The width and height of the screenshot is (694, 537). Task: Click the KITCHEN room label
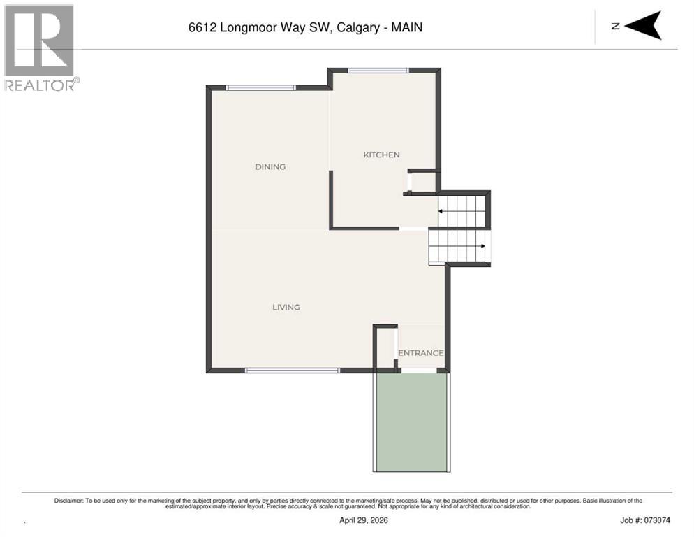click(381, 155)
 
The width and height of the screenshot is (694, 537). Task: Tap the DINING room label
click(270, 166)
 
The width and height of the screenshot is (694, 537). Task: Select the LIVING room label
click(286, 307)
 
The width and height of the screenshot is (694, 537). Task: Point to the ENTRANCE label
click(420, 353)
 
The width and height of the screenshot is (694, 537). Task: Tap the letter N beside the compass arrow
click(615, 27)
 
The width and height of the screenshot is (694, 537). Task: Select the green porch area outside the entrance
click(412, 422)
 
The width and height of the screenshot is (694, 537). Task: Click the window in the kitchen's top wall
click(378, 70)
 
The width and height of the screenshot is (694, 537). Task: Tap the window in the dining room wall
click(260, 88)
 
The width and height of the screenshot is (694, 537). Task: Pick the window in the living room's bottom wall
click(293, 371)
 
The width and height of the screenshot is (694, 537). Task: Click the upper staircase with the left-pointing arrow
click(462, 211)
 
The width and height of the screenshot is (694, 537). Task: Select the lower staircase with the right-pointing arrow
click(459, 246)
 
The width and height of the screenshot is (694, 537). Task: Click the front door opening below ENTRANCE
click(419, 371)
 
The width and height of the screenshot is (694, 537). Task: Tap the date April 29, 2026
click(363, 520)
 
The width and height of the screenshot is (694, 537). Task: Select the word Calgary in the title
click(358, 27)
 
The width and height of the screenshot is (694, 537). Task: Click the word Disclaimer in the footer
click(68, 501)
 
